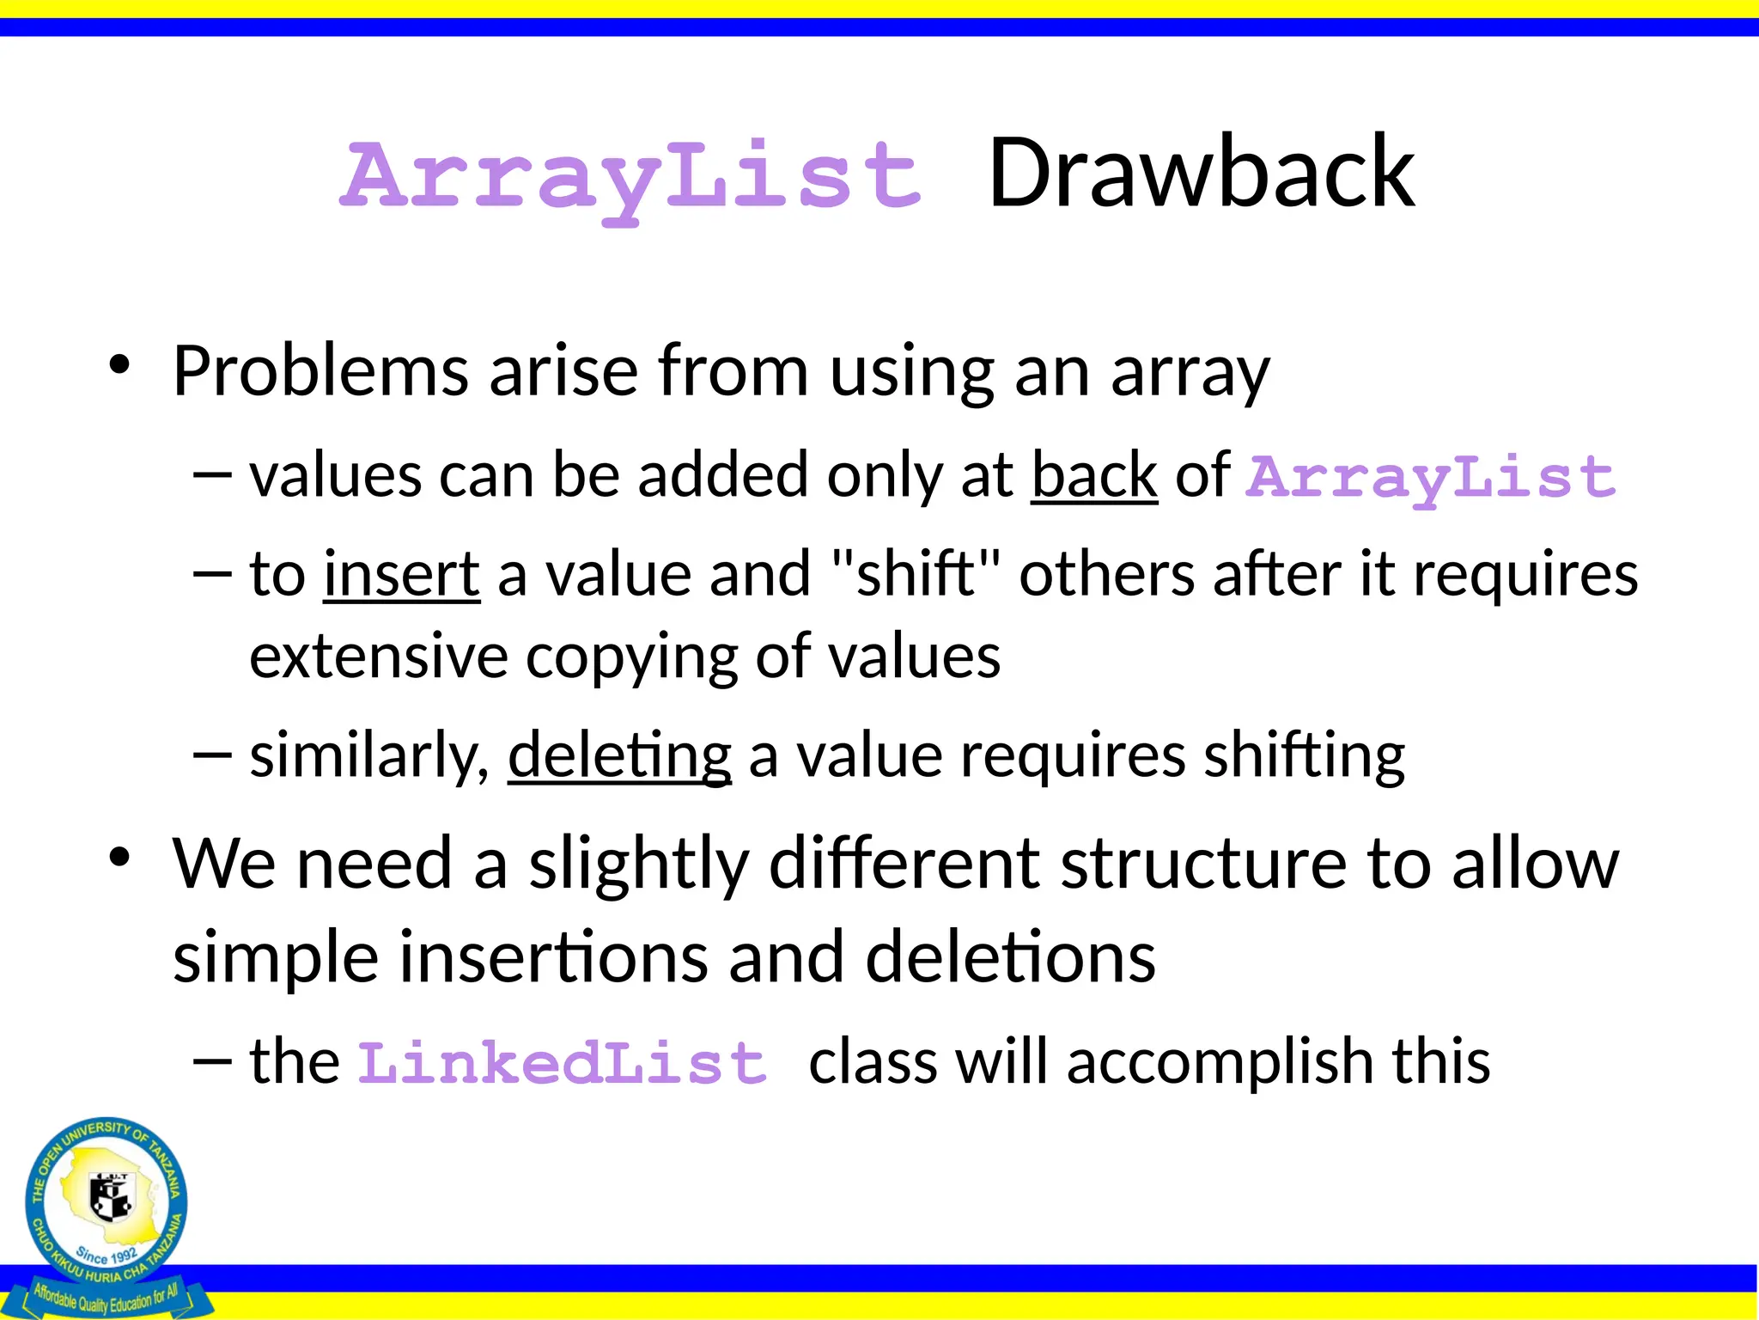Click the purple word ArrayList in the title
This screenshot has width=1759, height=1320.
click(631, 178)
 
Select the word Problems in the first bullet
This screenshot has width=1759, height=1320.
click(320, 371)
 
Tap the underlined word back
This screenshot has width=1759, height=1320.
click(1093, 474)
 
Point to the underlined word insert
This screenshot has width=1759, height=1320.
click(401, 574)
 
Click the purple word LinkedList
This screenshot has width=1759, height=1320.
click(562, 1063)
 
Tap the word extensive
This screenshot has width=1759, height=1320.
click(378, 656)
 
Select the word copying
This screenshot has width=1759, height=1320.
click(631, 657)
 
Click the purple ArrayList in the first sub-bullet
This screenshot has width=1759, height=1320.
click(1431, 478)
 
